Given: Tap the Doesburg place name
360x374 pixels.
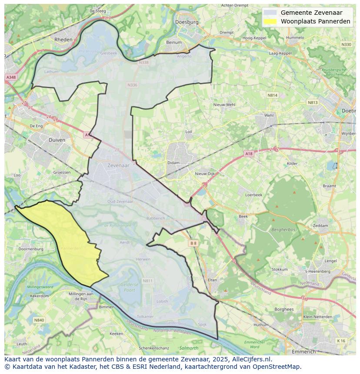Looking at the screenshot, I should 187,22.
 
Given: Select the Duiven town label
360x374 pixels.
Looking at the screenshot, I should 57,140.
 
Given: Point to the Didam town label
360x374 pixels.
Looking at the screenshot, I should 173,163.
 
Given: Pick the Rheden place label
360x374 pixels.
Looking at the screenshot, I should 63,40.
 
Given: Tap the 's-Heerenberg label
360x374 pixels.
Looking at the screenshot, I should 318,271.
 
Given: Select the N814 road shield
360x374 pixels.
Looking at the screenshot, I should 272,95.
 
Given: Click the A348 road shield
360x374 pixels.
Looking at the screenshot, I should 11,77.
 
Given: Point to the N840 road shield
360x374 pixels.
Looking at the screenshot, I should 39,320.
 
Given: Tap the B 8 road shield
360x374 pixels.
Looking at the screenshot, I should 193,244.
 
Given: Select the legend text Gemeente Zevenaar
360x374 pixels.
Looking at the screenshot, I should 311,13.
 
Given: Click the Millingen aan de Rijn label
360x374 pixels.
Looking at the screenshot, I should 79,296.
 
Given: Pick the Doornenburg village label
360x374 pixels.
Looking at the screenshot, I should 31,249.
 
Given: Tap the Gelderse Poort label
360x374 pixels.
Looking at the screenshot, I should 130,287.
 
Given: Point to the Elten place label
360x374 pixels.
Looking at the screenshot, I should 212,280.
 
